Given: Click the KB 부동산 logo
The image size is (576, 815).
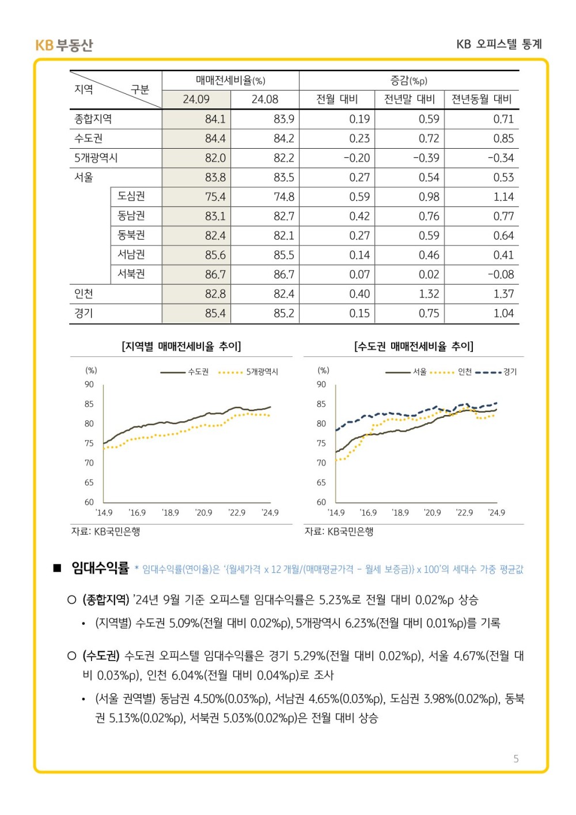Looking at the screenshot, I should click(64, 45).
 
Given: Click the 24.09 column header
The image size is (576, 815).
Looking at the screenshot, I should click(196, 99).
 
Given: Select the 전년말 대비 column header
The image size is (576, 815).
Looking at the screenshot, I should click(410, 99).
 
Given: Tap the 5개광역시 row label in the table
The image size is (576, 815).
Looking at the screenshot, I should click(96, 158).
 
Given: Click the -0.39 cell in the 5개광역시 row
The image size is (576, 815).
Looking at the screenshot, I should click(426, 158).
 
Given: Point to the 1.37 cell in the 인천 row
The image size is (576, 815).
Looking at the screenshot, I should click(503, 294).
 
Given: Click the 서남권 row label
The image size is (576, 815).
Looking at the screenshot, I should click(131, 255).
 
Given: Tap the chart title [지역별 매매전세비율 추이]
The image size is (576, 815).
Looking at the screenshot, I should click(181, 346).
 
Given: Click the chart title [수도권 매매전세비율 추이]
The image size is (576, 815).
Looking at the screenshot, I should click(414, 346).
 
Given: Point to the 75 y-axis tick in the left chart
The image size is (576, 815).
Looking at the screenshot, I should click(89, 443).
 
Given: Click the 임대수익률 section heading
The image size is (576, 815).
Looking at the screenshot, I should click(100, 568).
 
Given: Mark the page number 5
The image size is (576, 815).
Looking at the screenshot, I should click(516, 759).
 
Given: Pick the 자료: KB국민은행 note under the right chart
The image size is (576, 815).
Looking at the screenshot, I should click(339, 531).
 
